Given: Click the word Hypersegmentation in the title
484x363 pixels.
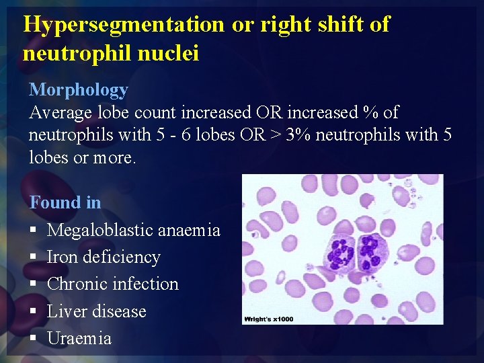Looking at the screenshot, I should pyautogui.click(x=124, y=24).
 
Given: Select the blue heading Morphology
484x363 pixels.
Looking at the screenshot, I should pyautogui.click(x=78, y=89).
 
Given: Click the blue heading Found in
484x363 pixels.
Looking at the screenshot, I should pyautogui.click(x=65, y=202).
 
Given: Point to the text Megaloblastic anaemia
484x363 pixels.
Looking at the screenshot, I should pyautogui.click(x=134, y=230).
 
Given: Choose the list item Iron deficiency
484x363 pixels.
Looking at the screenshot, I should pyautogui.click(x=104, y=257).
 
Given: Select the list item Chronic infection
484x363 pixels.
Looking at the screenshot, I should pyautogui.click(x=113, y=284).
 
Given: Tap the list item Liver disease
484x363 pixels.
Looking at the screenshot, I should pyautogui.click(x=96, y=311).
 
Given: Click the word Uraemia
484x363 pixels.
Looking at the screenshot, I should pyautogui.click(x=79, y=338).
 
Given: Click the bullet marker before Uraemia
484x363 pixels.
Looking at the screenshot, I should pyautogui.click(x=33, y=339).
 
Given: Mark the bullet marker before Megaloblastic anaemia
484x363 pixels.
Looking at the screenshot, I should pyautogui.click(x=33, y=231).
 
